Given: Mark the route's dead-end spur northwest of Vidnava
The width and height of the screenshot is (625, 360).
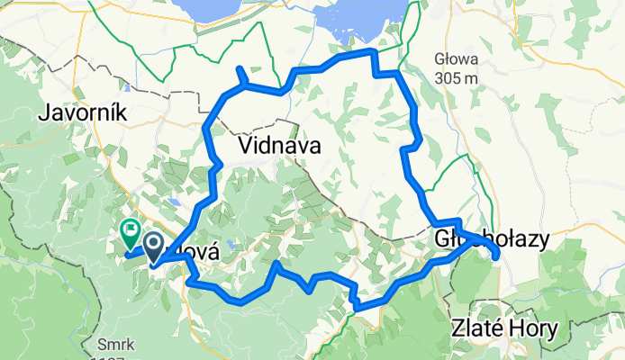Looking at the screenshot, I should (x=240, y=72).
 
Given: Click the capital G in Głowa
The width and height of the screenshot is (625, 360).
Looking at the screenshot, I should (x=439, y=60).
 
